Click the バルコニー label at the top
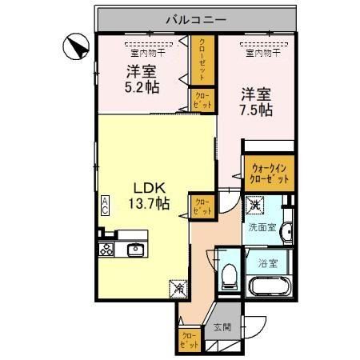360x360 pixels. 197,18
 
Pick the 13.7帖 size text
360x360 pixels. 149,204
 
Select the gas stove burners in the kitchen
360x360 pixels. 106,250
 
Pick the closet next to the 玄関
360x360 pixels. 189,340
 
